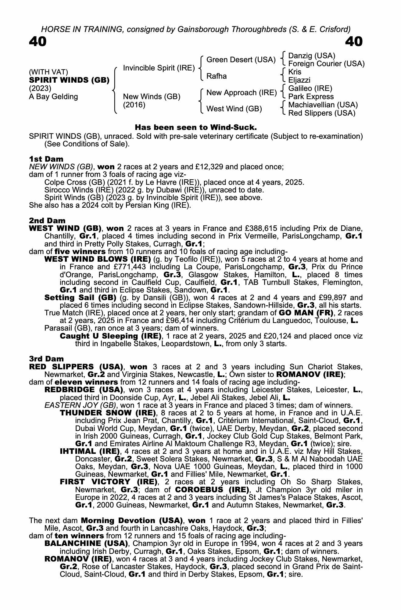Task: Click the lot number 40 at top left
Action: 38,42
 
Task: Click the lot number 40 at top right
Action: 354,42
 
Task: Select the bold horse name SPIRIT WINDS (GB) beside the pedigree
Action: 69,80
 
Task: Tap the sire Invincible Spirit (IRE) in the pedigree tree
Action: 159,68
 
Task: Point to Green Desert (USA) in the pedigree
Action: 241,60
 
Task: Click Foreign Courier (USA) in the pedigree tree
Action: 326,64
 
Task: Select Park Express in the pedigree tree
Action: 311,97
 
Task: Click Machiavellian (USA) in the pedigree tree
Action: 323,105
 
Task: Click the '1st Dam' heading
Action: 46,159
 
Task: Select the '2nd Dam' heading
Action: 47,221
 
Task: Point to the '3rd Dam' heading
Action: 47,359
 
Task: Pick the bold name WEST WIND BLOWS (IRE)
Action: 98,259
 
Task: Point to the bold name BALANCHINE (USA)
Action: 86,544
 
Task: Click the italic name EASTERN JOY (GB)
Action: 81,405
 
